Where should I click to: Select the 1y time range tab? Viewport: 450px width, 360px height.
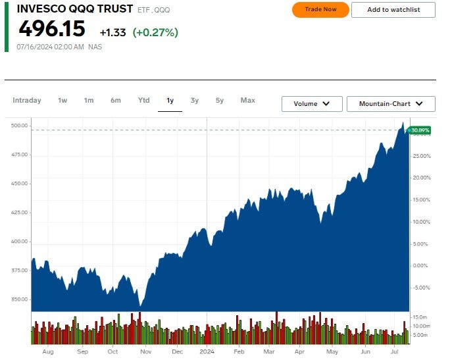pyautogui.click(x=170, y=101)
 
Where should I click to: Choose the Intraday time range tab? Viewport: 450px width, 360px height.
pyautogui.click(x=27, y=101)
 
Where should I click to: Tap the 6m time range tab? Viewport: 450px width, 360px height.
pyautogui.click(x=116, y=101)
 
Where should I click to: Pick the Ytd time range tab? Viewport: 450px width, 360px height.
pyautogui.click(x=143, y=101)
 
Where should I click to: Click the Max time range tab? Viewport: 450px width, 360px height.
pyautogui.click(x=247, y=101)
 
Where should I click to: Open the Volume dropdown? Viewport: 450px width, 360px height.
pyautogui.click(x=312, y=104)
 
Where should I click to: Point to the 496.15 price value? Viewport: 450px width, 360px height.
pyautogui.click(x=52, y=29)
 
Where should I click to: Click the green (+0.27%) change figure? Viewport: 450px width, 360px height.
pyautogui.click(x=155, y=32)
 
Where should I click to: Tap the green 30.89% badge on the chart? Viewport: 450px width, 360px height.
pyautogui.click(x=419, y=130)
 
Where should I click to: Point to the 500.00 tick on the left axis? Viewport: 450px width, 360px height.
pyautogui.click(x=20, y=125)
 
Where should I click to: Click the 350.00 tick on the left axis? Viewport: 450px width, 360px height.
pyautogui.click(x=20, y=299)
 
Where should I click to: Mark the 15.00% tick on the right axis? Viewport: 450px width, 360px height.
pyautogui.click(x=420, y=199)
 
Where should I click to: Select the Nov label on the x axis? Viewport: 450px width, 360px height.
pyautogui.click(x=145, y=352)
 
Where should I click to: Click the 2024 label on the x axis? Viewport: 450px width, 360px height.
pyautogui.click(x=207, y=352)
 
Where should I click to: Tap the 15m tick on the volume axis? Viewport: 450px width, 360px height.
pyautogui.click(x=420, y=317)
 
